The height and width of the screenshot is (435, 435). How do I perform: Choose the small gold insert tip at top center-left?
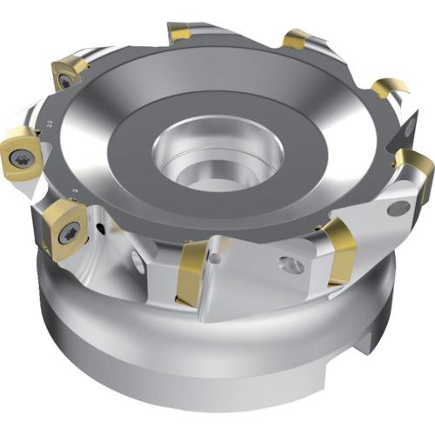pyautogui.click(x=181, y=34)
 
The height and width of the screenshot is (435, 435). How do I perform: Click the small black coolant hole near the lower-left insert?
pyautogui.click(x=101, y=229)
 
